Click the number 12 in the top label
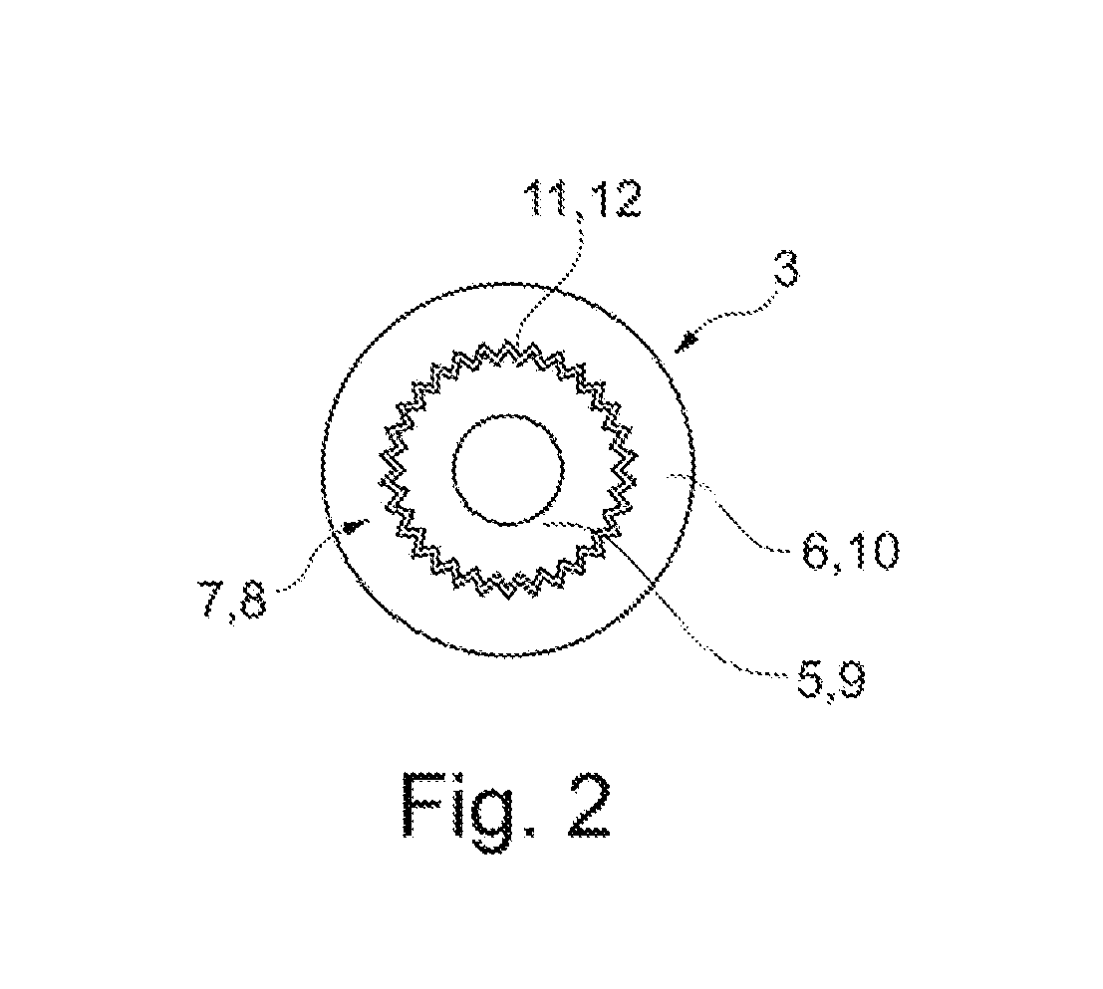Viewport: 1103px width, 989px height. tap(614, 201)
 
